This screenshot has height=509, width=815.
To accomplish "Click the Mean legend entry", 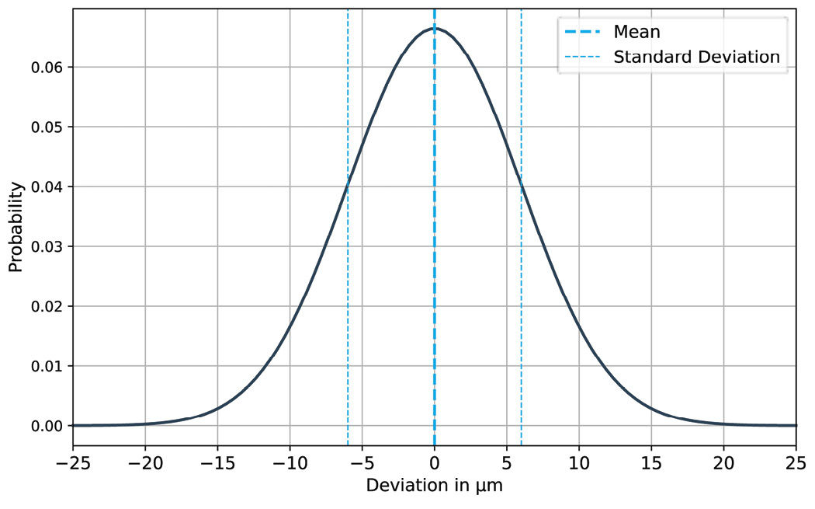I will click(x=636, y=32).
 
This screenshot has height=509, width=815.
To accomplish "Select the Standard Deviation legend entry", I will click(x=696, y=57).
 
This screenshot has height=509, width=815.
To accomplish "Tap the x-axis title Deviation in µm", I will click(x=435, y=487).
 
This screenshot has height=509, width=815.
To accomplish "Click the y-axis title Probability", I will click(x=16, y=227).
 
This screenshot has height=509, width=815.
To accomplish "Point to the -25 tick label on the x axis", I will click(x=73, y=464).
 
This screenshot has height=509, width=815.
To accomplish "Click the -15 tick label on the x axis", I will click(x=217, y=464).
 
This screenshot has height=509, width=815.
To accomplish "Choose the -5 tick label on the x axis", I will click(x=362, y=464).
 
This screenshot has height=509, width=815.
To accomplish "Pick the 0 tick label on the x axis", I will click(x=435, y=464).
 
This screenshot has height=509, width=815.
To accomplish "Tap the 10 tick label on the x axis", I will click(x=579, y=464).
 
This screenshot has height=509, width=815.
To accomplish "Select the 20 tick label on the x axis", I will click(x=723, y=464).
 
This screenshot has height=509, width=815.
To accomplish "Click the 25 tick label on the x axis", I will click(x=796, y=464).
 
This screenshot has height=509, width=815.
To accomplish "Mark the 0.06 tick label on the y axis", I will click(x=47, y=68).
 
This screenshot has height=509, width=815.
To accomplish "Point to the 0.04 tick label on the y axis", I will click(x=47, y=187).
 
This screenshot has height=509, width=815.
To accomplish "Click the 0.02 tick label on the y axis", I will click(x=47, y=306).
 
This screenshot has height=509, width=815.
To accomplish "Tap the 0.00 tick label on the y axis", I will click(x=47, y=426).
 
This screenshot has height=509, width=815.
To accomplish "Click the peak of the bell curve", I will click(x=435, y=28).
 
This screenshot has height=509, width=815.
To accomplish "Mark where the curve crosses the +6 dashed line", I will click(x=521, y=185).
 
